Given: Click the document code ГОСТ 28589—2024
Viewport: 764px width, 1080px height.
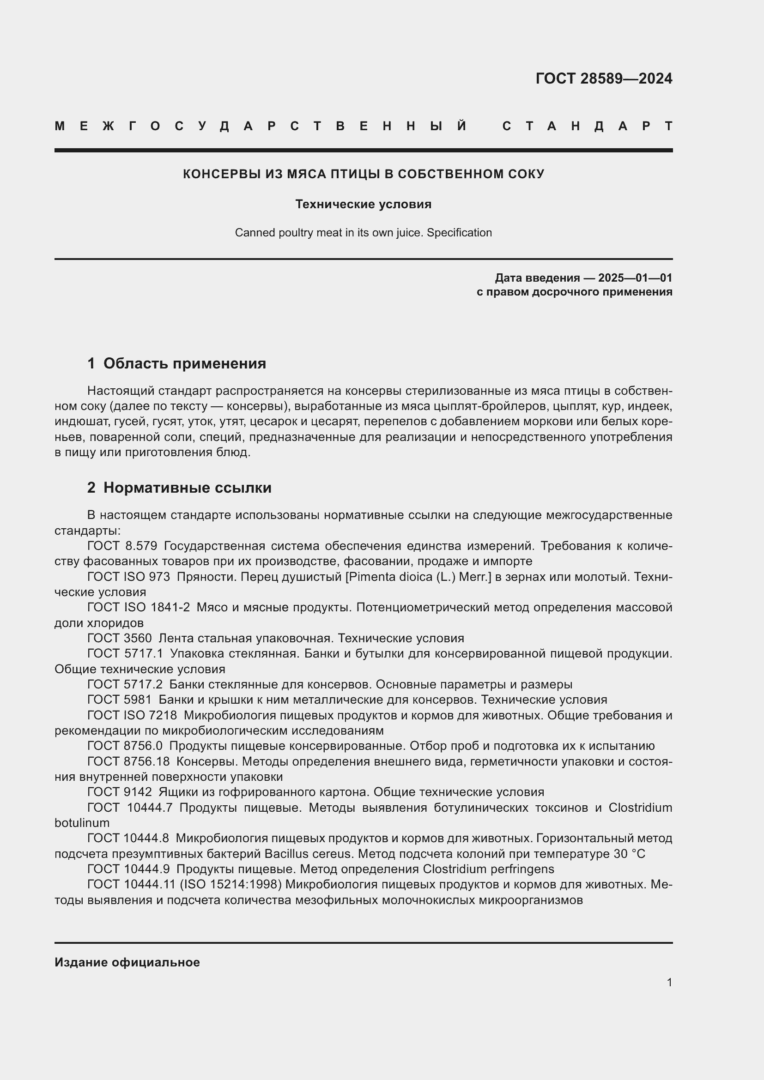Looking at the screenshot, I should [604, 78].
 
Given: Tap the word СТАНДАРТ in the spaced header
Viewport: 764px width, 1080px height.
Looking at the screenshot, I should [587, 126].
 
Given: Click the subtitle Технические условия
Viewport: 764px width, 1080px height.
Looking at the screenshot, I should [363, 204].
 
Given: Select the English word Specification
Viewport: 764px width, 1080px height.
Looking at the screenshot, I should [459, 233].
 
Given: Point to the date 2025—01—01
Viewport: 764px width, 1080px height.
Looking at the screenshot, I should [635, 278].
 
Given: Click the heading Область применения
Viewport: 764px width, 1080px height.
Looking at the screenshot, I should [184, 363].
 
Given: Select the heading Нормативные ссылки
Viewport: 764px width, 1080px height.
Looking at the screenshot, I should [187, 488].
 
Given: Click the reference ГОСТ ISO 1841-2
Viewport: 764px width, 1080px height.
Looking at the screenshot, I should [138, 608].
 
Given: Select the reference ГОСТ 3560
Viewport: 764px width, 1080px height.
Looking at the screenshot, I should [120, 638].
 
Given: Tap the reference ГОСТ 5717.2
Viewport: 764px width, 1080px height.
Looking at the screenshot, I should [125, 684].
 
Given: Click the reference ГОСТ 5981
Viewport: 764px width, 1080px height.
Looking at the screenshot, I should [120, 700].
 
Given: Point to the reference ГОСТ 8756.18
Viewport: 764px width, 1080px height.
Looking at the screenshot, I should [128, 761].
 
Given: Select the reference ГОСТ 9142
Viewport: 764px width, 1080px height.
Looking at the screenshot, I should [120, 792].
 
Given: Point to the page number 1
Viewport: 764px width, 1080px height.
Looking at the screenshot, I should [669, 982].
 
